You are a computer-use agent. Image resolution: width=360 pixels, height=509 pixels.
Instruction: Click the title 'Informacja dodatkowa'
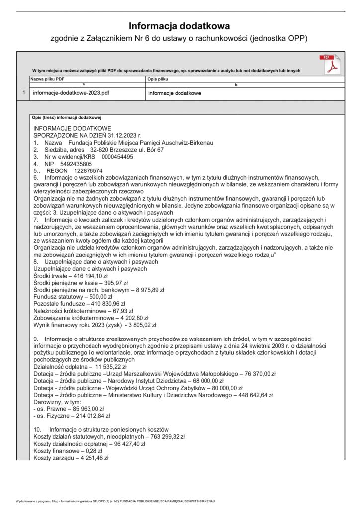(x=180, y=26)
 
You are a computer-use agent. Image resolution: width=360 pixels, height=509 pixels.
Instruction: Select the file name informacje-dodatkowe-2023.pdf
(x=71, y=93)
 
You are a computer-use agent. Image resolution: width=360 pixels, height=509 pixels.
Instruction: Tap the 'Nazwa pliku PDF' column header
(x=47, y=79)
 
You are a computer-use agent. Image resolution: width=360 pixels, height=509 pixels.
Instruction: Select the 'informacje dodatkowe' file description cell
(x=175, y=93)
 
